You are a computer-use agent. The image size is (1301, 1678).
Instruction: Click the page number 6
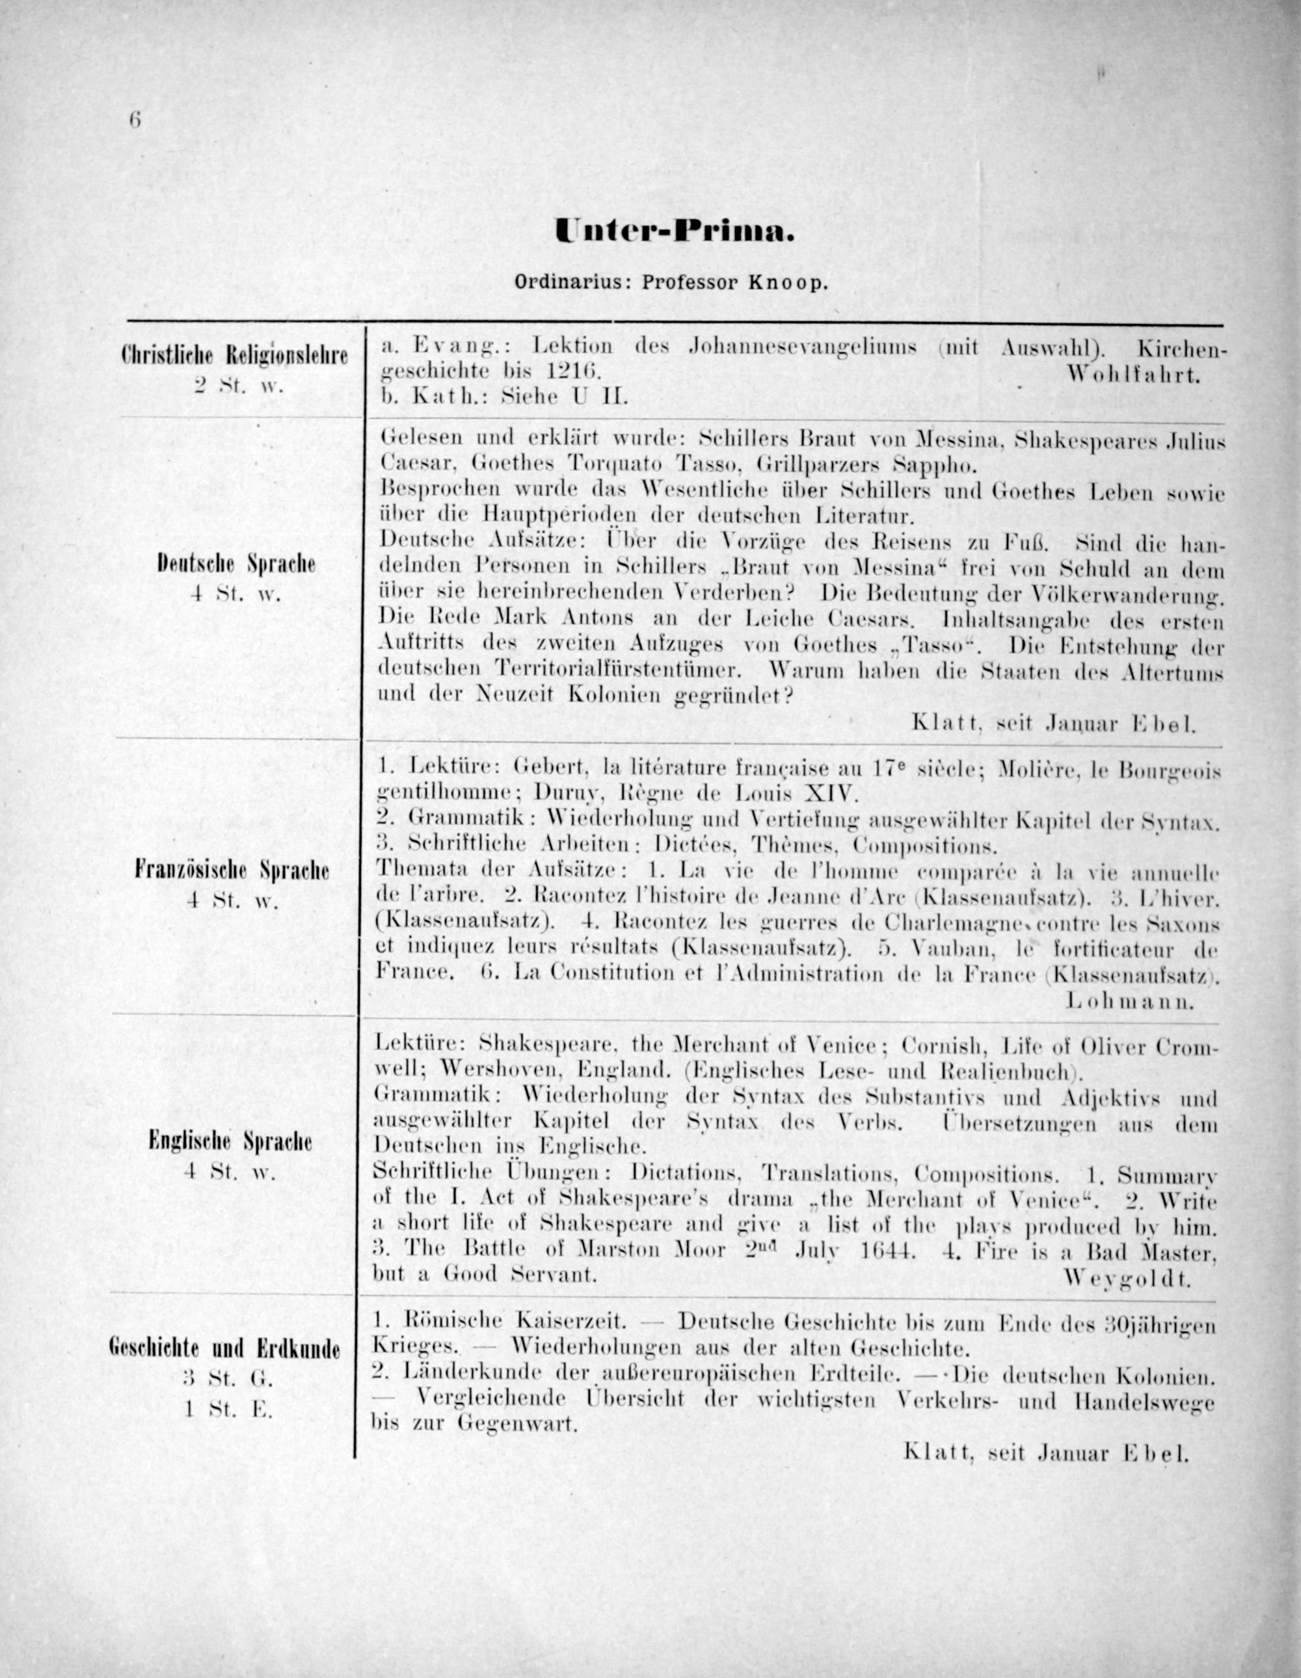[x=135, y=120]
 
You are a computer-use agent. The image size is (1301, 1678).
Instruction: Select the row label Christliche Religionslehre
[x=234, y=356]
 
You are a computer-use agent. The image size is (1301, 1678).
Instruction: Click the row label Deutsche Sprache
[x=235, y=565]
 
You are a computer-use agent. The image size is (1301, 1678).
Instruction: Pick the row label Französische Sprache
[x=232, y=871]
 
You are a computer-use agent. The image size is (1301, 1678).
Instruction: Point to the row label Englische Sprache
[x=230, y=1142]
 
